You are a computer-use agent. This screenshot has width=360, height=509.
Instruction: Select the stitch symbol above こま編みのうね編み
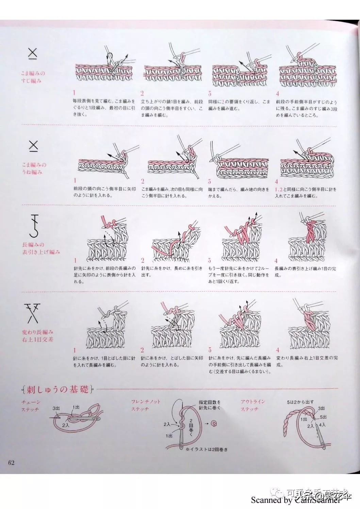click(x=33, y=146)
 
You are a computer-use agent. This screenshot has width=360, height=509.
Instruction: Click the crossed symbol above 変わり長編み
click(x=33, y=312)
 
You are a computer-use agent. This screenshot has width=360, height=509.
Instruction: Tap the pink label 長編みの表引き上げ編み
click(x=41, y=248)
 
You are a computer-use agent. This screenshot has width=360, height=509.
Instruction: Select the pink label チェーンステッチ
click(x=31, y=406)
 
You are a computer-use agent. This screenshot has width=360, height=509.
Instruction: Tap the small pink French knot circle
click(x=214, y=423)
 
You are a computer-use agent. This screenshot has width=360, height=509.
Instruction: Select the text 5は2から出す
click(x=300, y=402)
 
